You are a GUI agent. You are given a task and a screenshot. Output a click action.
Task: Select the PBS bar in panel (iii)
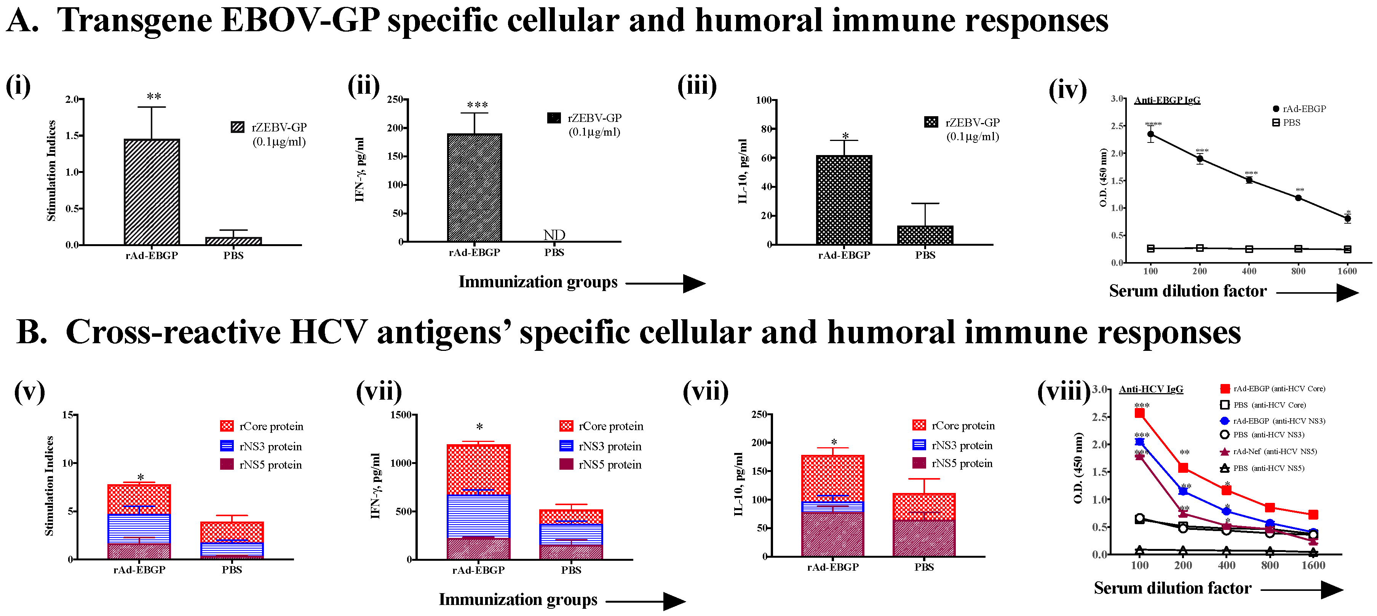[925, 235]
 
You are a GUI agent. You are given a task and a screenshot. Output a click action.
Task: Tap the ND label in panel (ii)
[554, 235]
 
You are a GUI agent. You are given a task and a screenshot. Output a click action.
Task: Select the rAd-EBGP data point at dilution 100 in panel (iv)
[1150, 134]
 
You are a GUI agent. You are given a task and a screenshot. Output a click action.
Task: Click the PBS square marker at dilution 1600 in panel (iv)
[1348, 249]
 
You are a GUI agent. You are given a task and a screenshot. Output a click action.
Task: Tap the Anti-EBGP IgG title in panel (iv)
[1167, 100]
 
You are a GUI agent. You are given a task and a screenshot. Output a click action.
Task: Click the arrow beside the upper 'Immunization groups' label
[666, 283]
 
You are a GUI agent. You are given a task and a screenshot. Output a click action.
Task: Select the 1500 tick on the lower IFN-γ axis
[401, 415]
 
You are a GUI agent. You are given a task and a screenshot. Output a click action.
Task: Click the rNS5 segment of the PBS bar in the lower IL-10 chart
[924, 538]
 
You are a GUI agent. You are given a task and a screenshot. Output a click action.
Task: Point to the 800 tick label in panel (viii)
[1270, 566]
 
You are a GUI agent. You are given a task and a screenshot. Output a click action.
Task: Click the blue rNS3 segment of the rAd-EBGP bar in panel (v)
[139, 528]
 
